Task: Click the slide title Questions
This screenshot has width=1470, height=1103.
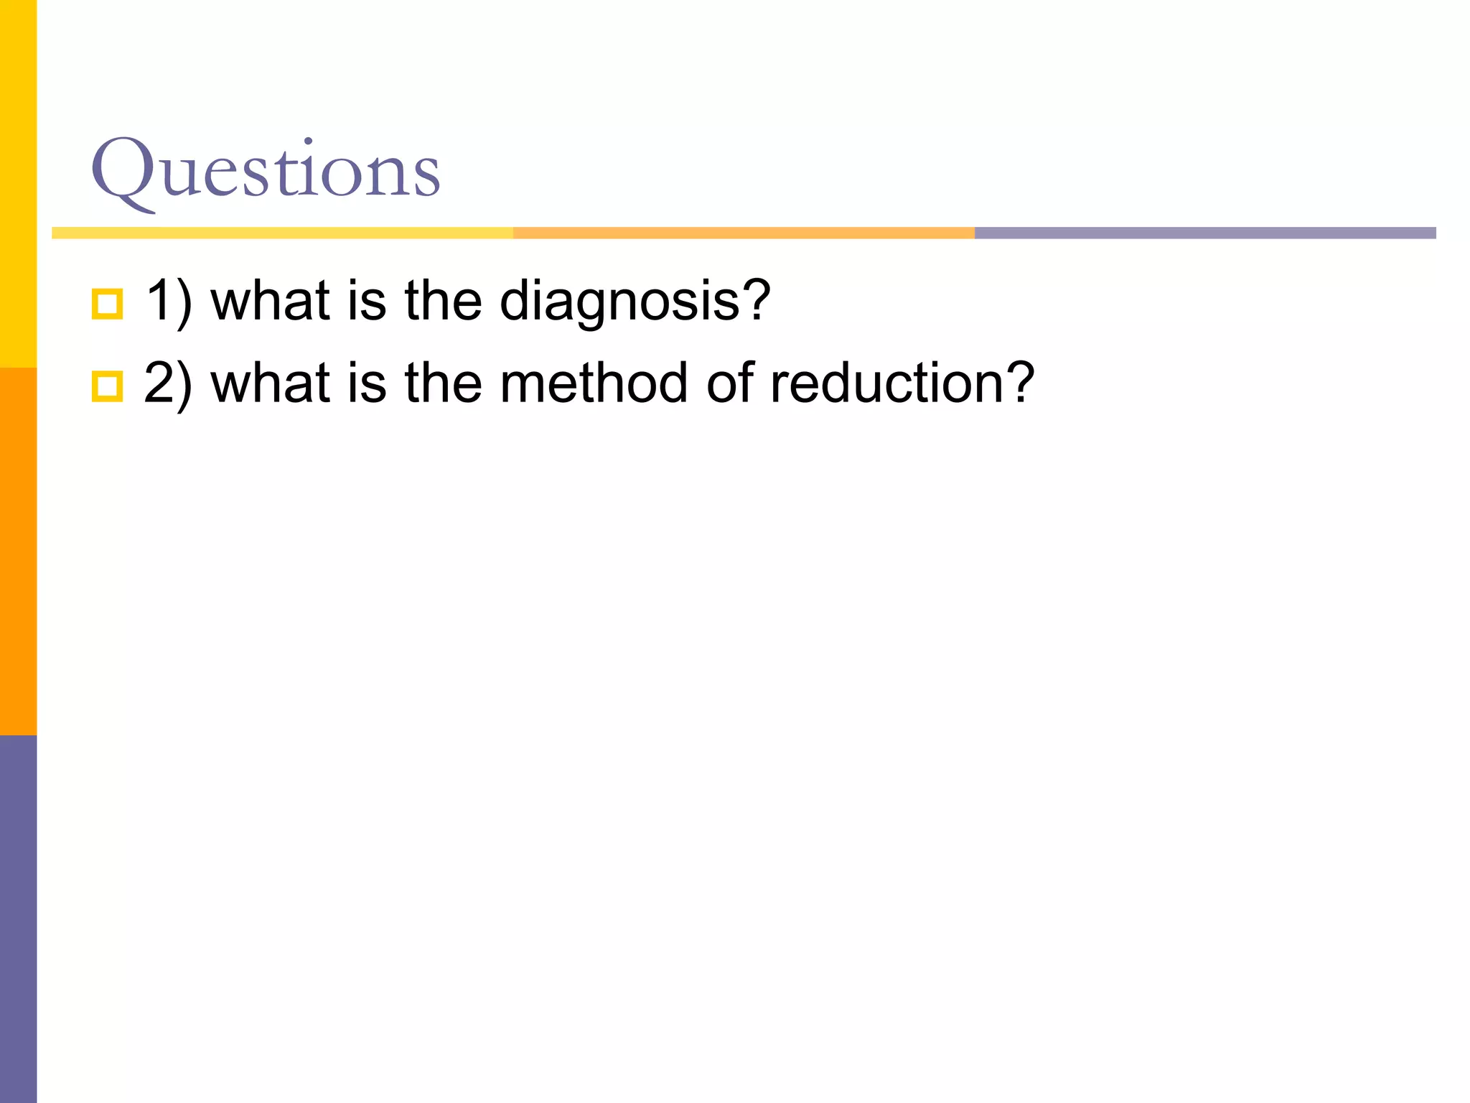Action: pos(265,171)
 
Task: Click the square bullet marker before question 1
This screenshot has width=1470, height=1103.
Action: pos(108,304)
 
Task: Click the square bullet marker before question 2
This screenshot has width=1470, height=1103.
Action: pos(108,386)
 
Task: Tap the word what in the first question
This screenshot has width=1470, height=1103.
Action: pos(270,302)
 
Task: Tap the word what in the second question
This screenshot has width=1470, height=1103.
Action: pos(270,383)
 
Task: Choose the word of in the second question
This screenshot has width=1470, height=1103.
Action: pos(731,383)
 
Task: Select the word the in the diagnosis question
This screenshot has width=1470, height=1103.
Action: pos(443,302)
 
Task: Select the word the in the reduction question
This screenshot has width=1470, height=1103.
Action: pos(443,383)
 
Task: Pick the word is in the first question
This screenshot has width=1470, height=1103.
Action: pos(367,302)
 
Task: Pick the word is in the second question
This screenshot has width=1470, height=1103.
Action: pos(367,383)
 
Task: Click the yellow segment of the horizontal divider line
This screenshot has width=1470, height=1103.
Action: pos(282,233)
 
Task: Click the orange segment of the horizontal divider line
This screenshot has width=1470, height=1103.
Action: pos(744,233)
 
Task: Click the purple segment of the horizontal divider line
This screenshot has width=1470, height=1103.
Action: pos(1204,233)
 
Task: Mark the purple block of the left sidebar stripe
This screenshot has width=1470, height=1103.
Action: pos(18,919)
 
